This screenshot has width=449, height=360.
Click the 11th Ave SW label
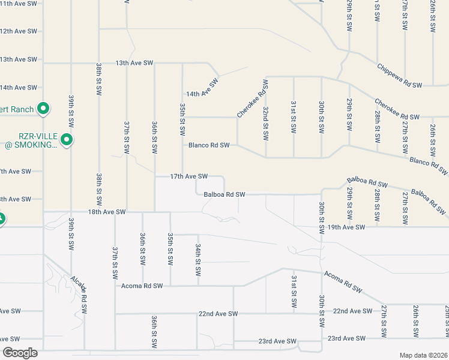point(19,3)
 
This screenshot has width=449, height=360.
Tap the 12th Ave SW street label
point(19,31)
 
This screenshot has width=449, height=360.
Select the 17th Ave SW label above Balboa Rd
point(188,176)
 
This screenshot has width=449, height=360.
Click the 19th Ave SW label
point(346,227)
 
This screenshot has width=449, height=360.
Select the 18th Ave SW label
point(107,212)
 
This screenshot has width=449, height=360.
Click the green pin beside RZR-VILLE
point(67,140)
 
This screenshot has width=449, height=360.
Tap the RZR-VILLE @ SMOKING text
point(29,140)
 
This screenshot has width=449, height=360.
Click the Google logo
point(20,353)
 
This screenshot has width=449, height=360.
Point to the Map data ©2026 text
point(423,354)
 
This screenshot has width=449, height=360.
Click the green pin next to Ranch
point(43,109)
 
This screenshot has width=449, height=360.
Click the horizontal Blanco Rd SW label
point(209,145)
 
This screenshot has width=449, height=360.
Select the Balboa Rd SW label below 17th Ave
point(224,194)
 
